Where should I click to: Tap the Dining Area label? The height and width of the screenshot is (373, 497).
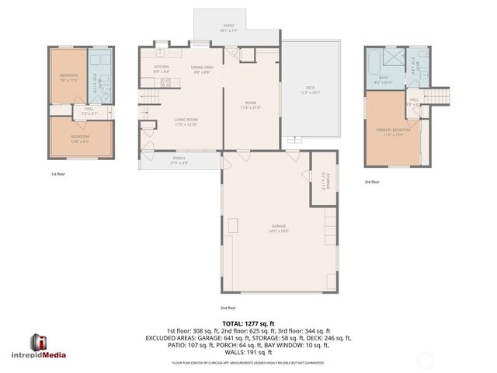pos(203,69)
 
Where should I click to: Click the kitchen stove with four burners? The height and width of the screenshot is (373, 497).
pos(165,85)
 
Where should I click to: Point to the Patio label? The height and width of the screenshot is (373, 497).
pos(229,28)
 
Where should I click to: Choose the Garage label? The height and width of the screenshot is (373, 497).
pos(269,229)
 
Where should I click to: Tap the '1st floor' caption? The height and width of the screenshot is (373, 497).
pos(57,174)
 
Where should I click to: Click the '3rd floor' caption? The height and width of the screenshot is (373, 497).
pos(372,182)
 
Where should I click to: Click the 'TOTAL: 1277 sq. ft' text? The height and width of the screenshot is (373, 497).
pos(248,323)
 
